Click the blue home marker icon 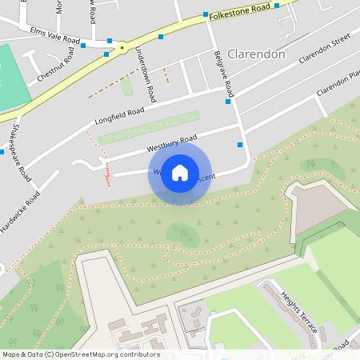pyautogui.click(x=180, y=173)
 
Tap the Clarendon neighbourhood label pyautogui.click(x=256, y=54)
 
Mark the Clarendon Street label pyautogui.click(x=325, y=49)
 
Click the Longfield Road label pyautogui.click(x=119, y=117)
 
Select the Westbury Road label pyautogui.click(x=171, y=145)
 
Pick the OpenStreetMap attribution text pyautogui.click(x=80, y=354)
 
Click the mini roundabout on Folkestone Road pyautogui.click(x=122, y=48)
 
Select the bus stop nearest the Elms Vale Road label pyautogui.click(x=83, y=46)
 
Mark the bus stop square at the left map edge pyautogui.click(x=2, y=151)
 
